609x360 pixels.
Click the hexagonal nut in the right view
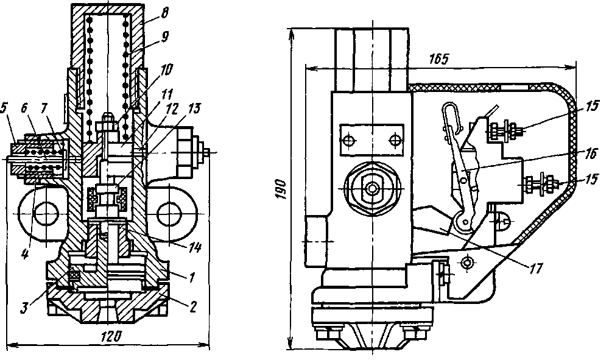[x=371, y=188]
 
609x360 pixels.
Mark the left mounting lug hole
[x=44, y=214]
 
